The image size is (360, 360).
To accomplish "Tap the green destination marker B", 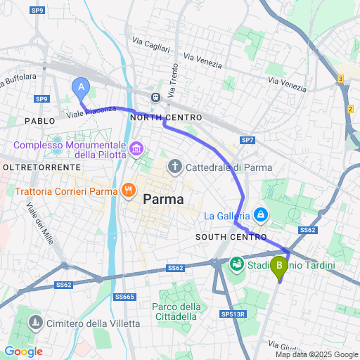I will click(280, 267).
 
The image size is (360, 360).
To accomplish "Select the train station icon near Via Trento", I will click(155, 97).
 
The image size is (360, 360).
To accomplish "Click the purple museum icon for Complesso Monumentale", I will click(136, 149).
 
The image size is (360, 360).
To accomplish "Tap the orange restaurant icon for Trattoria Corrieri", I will click(127, 190).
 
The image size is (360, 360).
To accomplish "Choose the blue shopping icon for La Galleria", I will click(261, 214).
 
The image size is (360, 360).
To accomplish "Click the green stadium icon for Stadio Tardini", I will click(236, 264).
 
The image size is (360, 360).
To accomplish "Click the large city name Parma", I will click(163, 200).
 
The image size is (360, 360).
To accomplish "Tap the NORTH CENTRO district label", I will click(166, 117).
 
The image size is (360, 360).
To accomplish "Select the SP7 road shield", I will click(247, 141).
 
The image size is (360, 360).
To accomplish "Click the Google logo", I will click(23, 351).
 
